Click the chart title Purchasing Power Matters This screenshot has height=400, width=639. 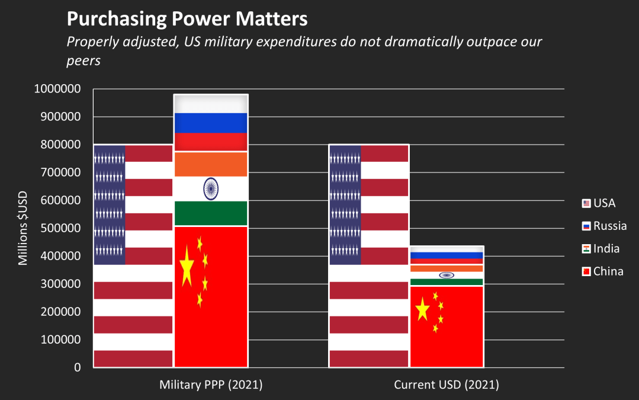pyautogui.click(x=187, y=18)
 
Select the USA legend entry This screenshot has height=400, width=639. pyautogui.click(x=599, y=203)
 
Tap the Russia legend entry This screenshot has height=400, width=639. pyautogui.click(x=604, y=226)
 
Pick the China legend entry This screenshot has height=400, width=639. pyautogui.click(x=602, y=271)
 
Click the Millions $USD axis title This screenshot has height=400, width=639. pyautogui.click(x=23, y=228)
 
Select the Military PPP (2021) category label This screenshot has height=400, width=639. pyautogui.click(x=210, y=385)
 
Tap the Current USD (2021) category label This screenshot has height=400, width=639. pyautogui.click(x=447, y=385)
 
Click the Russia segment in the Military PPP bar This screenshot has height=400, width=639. pyautogui.click(x=210, y=123)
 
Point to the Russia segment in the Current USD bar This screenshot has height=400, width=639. pyautogui.click(x=447, y=255)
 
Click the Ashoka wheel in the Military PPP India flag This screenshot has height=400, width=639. pyautogui.click(x=210, y=188)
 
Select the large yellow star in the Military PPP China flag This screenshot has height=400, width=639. pyautogui.click(x=186, y=265)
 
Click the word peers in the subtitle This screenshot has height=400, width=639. pyautogui.click(x=84, y=60)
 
